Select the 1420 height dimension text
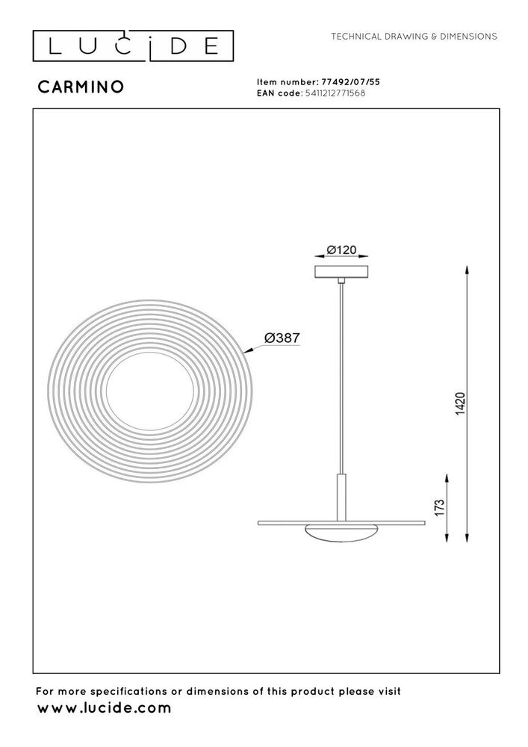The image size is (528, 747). coord(461,403)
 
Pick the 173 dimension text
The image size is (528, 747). coord(440,508)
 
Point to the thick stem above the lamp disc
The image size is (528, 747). coord(341,497)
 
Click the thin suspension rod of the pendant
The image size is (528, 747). coord(341,373)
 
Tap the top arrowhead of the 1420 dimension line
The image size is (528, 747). coord(468,268)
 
